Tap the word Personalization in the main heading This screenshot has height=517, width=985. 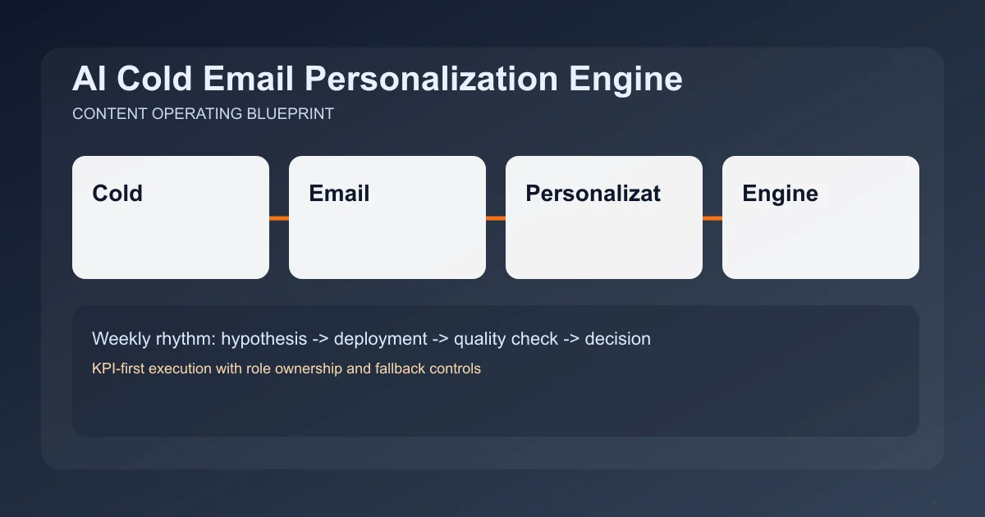click(x=431, y=79)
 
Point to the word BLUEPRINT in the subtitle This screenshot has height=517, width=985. click(x=290, y=114)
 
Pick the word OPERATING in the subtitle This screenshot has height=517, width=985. click(x=197, y=114)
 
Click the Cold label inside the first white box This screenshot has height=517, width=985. click(x=117, y=194)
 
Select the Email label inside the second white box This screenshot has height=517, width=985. click(x=339, y=194)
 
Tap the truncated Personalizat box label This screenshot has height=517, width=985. click(x=593, y=194)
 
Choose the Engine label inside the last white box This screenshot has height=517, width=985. click(x=780, y=194)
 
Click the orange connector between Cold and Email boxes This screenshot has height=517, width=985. click(x=279, y=218)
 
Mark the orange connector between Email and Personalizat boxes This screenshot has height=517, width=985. click(x=496, y=218)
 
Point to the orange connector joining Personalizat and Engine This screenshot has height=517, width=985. click(x=712, y=218)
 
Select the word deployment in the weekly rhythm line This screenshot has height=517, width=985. click(x=381, y=338)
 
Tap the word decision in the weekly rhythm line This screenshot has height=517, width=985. click(x=617, y=338)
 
